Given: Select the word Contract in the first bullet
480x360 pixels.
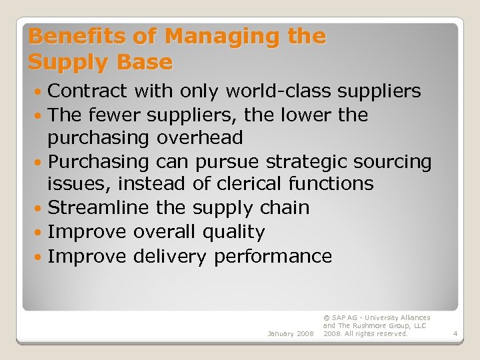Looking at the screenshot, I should (x=87, y=91).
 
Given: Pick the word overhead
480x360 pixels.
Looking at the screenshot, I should (x=200, y=139).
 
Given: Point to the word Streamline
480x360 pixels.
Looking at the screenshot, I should (x=99, y=208).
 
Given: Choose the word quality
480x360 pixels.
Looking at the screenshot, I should (x=234, y=232).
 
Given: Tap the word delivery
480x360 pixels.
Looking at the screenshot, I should (x=170, y=256).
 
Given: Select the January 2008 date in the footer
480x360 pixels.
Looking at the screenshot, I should (x=290, y=333).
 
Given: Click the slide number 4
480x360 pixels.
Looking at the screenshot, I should (x=453, y=333).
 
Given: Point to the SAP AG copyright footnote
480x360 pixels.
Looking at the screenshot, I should (x=377, y=325).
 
